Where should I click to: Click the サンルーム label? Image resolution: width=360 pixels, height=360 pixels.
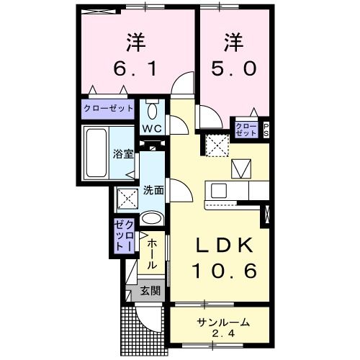click(221, 321)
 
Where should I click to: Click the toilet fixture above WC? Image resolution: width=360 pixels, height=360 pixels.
click(152, 111)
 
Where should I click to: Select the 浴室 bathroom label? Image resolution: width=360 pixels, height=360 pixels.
click(122, 153)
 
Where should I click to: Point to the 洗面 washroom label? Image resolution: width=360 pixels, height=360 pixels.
click(153, 190)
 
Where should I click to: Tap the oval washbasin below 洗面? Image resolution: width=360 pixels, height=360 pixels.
click(152, 219)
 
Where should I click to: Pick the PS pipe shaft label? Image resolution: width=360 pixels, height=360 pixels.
click(265, 130)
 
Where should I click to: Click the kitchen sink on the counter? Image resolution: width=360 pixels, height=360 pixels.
click(220, 190)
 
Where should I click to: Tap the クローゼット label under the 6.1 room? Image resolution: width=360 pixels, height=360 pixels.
click(109, 109)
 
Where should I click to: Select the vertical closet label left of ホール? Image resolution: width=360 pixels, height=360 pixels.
click(120, 235)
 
